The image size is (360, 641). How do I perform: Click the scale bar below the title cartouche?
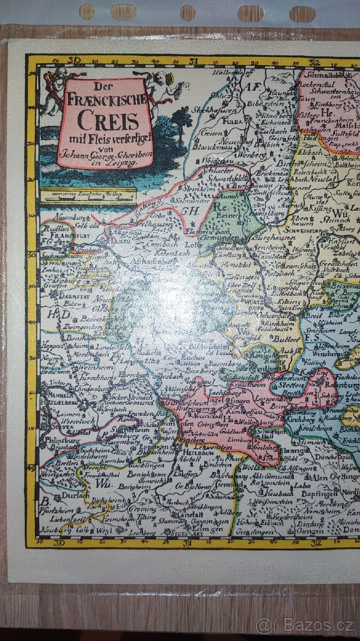point(88,196)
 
